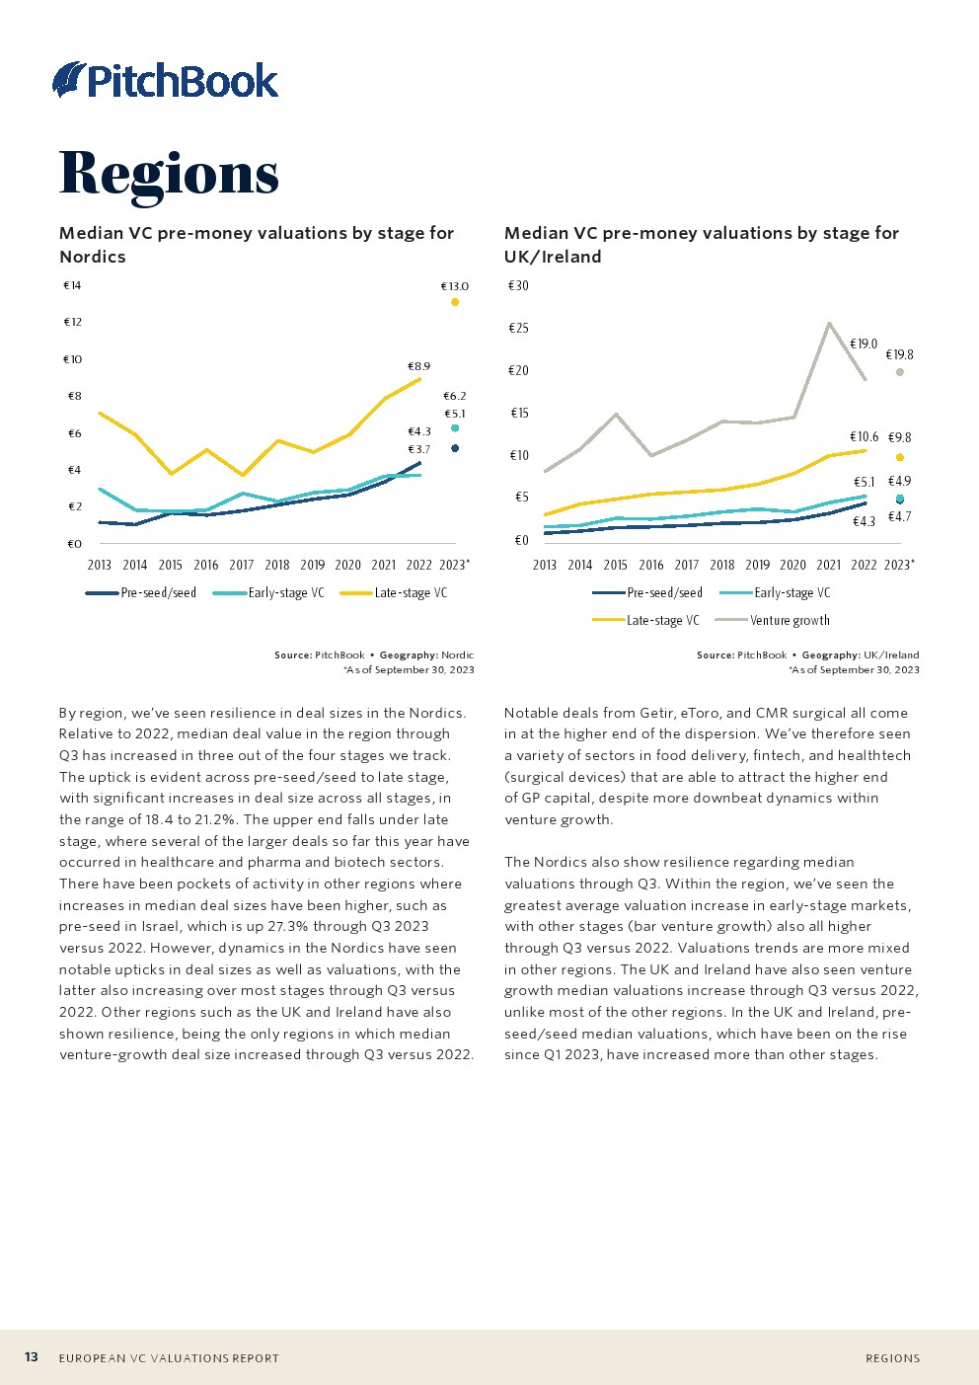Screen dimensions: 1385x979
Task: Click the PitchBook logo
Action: [x=166, y=80]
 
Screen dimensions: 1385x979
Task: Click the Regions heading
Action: [x=169, y=174]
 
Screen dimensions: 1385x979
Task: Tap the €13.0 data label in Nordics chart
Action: [x=455, y=286]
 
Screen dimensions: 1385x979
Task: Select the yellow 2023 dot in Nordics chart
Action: [x=455, y=302]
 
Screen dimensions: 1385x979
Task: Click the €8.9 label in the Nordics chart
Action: [x=419, y=366]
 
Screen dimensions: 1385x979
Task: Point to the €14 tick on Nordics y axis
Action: [x=72, y=286]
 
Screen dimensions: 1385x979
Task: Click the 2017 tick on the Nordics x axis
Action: [x=242, y=566]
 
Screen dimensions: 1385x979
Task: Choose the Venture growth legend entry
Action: [x=789, y=621]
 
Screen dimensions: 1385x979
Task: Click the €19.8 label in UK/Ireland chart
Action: [x=899, y=355]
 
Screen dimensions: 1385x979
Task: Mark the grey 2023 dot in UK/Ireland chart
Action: [x=900, y=372]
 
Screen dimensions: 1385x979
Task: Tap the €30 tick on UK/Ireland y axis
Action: [x=518, y=286]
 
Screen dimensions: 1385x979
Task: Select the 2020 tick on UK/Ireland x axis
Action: [x=793, y=566]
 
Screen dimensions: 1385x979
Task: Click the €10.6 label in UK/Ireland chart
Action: [x=864, y=437]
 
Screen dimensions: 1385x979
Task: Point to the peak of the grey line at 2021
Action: [x=829, y=323]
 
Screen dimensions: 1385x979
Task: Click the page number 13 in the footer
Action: [x=32, y=1357]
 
